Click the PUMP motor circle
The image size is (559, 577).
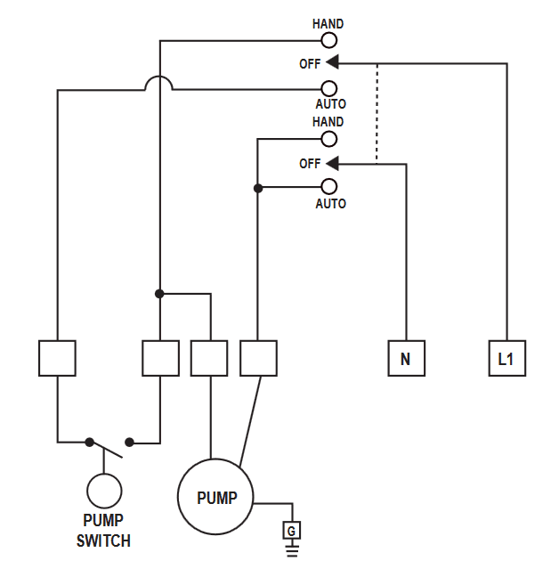tap(215, 459)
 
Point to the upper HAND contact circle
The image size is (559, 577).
tap(329, 33)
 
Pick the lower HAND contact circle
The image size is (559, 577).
tap(329, 132)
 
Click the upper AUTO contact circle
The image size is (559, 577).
tap(329, 81)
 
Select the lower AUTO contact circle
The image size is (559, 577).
tap(329, 179)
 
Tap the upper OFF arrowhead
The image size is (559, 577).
tap(332, 62)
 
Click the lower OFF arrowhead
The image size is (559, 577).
tap(332, 163)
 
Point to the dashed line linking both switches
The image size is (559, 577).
tap(377, 113)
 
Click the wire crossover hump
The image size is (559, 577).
tap(158, 77)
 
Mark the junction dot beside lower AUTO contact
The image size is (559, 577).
tap(258, 188)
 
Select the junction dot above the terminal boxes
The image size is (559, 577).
tap(159, 294)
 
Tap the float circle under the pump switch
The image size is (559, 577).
tap(104, 475)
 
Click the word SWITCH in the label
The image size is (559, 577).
tap(103, 540)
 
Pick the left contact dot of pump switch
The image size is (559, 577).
tap(89, 442)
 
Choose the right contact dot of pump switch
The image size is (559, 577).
tap(129, 442)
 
